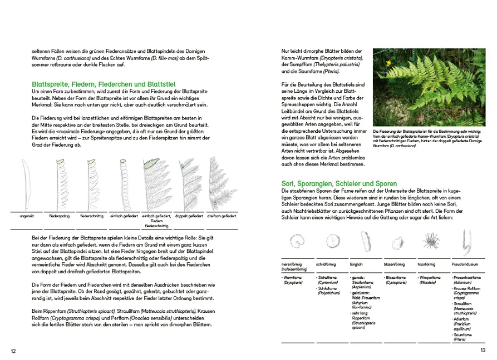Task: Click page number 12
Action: click(13, 351)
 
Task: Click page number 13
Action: click(483, 350)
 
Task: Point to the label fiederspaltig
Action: click(58, 216)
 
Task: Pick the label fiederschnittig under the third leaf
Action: click(91, 216)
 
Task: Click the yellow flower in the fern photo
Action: click(388, 63)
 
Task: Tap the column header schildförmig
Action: click(327, 264)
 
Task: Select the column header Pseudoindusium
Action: click(465, 264)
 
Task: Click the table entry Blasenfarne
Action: click(396, 277)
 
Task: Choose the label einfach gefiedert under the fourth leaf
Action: click(123, 216)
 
